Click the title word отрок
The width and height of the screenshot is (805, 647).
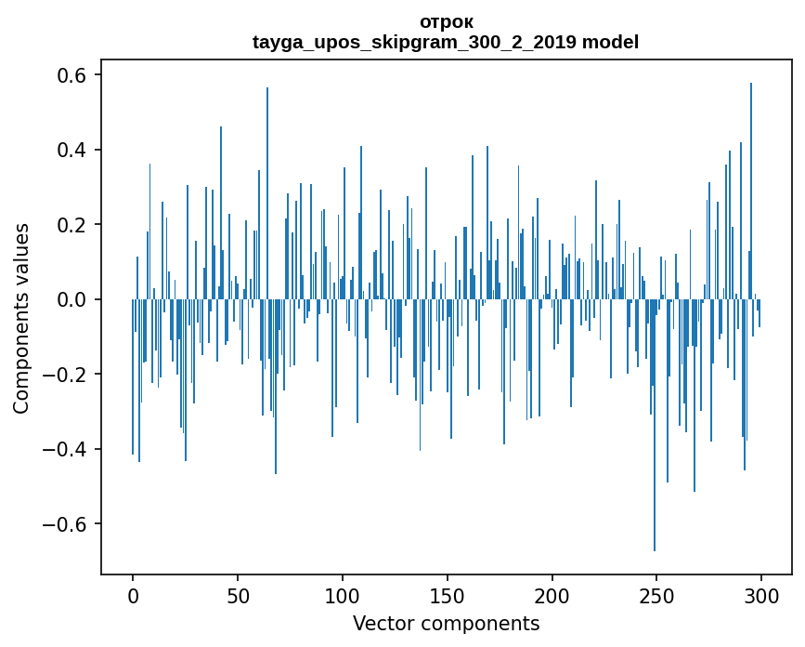(x=446, y=21)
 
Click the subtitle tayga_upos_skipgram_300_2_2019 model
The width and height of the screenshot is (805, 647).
(x=446, y=42)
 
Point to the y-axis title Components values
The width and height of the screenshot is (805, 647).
(x=20, y=318)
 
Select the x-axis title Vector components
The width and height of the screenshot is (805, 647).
(x=446, y=623)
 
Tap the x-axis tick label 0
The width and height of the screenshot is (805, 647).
(x=133, y=596)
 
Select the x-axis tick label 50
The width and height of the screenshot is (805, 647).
(x=238, y=596)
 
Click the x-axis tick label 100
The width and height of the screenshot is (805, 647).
(x=343, y=596)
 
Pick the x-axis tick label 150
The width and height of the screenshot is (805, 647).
(x=448, y=596)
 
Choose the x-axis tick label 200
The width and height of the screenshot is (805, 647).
(x=552, y=596)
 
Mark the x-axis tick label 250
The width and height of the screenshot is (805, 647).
(x=657, y=596)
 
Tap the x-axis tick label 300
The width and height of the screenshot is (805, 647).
(x=762, y=596)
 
